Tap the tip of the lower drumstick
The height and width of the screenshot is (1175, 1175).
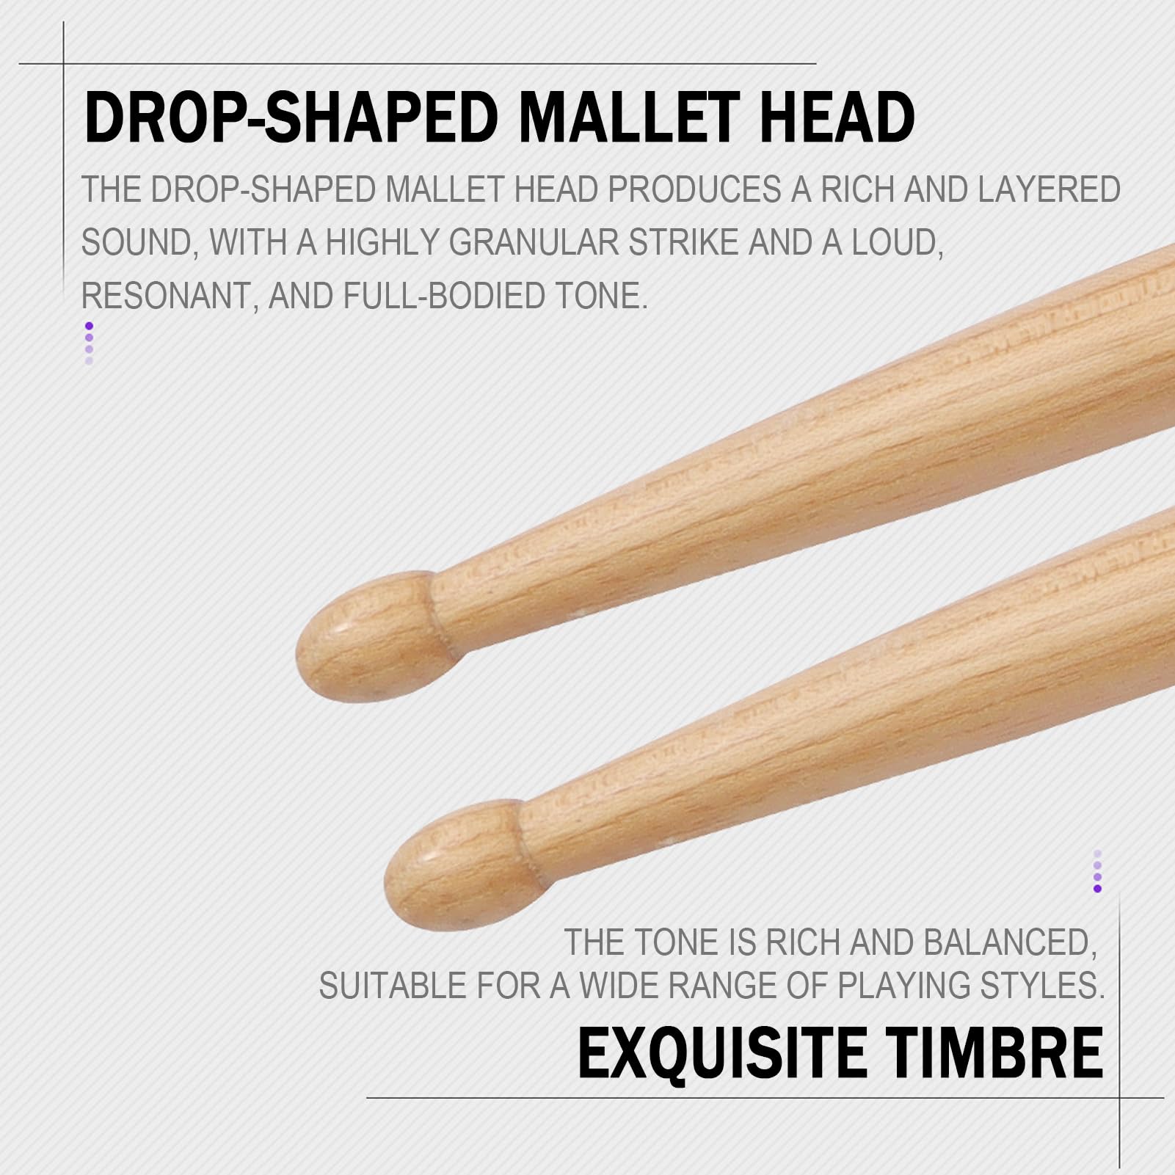pos(386,883)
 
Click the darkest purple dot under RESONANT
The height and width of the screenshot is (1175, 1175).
pos(89,326)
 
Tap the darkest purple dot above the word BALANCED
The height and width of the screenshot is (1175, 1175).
pos(1097,889)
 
